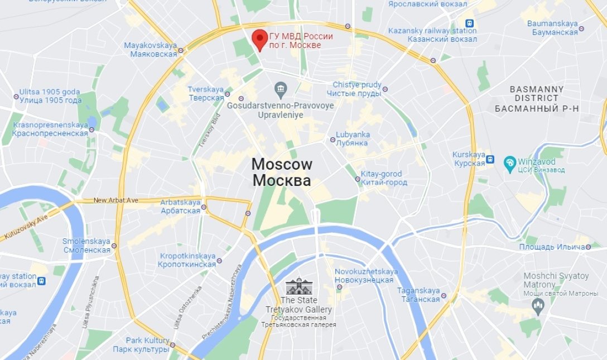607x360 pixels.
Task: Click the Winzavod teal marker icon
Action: coord(509,163)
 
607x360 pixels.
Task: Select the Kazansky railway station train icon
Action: coord(471,24)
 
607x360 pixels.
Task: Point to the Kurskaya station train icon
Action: coord(490,159)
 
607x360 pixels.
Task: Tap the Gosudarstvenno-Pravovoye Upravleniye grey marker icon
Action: coord(281,88)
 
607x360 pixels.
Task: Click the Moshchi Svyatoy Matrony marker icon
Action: coord(538,305)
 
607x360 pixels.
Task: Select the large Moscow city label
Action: coord(281,172)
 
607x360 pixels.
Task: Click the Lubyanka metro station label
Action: coord(353,138)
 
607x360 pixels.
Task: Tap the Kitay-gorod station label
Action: coord(380,178)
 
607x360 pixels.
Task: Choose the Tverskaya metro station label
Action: coord(205,93)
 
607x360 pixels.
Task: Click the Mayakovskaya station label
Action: coord(150,50)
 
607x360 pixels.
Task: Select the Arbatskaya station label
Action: coord(180,206)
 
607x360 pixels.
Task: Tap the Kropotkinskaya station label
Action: coord(187,260)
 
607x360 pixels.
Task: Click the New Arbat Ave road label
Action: coord(116,200)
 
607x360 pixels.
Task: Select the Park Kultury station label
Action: coord(141,345)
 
